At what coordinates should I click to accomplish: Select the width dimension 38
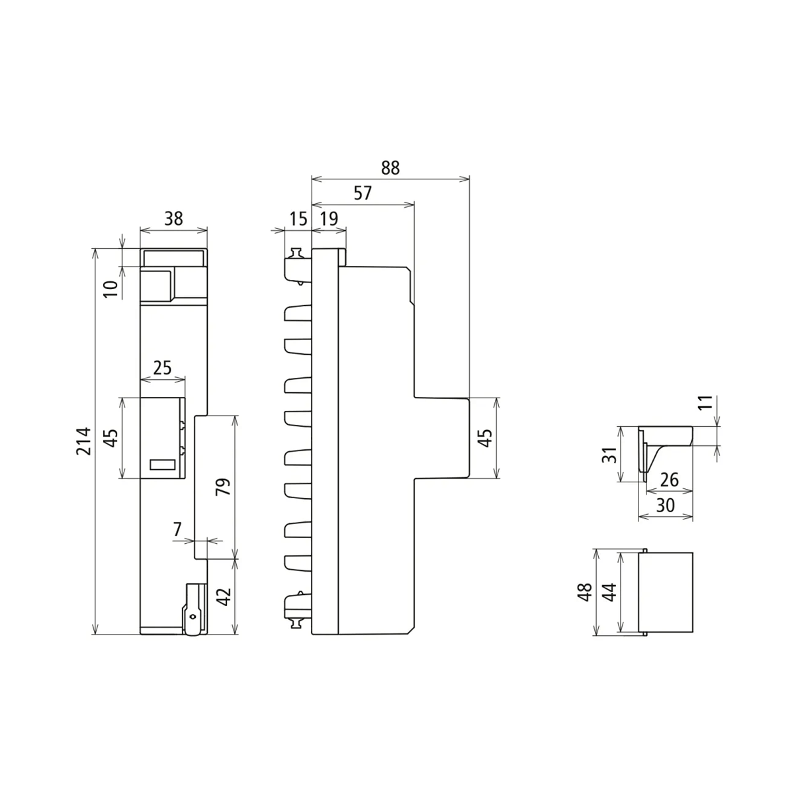[173, 218]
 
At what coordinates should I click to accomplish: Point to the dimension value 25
[162, 367]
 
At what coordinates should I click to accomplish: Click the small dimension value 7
[177, 529]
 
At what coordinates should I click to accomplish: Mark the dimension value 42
[224, 596]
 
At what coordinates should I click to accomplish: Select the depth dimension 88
[390, 167]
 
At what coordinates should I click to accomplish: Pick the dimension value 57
[363, 193]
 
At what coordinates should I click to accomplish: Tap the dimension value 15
[298, 218]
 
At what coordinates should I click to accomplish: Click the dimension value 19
[328, 218]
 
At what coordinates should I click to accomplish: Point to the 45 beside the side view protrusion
[485, 437]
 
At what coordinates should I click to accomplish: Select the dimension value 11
[705, 403]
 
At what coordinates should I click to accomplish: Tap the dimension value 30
[664, 505]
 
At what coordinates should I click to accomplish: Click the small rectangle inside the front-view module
[163, 464]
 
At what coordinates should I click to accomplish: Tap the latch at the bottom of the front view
[193, 609]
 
